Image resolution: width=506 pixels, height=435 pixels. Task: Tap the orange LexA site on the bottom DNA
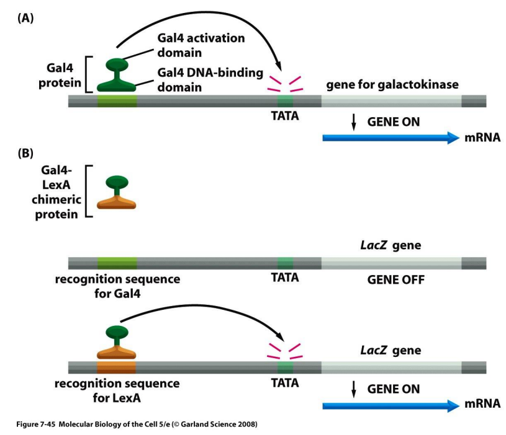(x=117, y=367)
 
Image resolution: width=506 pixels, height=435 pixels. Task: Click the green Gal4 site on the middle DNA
(x=117, y=263)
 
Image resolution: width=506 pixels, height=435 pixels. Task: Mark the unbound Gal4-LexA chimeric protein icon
(x=116, y=193)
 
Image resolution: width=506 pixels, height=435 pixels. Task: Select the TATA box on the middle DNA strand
(x=285, y=263)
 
